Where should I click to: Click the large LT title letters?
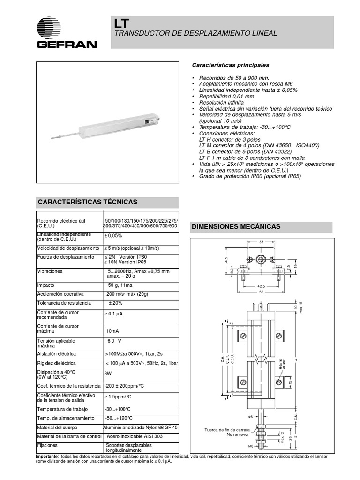120,23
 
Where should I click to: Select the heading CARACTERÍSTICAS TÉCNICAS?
87,202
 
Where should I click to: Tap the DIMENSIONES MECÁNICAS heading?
236,226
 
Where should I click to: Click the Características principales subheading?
231,65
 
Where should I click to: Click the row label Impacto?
46,285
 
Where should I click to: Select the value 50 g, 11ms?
120,285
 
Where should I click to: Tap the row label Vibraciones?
50,271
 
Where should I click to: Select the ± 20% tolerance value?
116,303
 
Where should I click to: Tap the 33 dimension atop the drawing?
261,242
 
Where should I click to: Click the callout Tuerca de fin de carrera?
228,430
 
